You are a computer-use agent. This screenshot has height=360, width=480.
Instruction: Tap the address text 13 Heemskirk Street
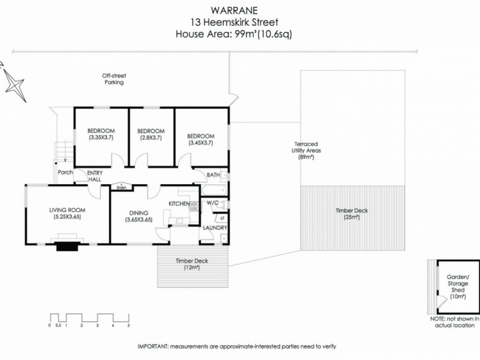pos(239,22)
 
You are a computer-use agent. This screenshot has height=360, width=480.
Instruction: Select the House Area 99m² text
pos(239,34)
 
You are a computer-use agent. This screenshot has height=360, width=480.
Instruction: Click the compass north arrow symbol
pos(13,82)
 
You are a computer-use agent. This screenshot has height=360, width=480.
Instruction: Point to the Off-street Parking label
pos(113,79)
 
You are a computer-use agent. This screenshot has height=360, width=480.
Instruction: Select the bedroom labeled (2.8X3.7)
pos(151,134)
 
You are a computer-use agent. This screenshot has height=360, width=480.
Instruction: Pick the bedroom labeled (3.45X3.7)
pos(200,134)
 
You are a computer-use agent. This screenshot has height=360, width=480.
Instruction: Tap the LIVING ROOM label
pos(67,213)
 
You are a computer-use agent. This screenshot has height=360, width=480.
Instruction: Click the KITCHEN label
pos(179,205)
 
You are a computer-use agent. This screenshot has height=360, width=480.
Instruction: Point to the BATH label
pos(213,175)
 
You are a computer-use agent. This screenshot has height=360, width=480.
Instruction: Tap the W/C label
pos(213,203)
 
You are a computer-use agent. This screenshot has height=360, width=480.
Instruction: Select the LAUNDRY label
pos(215,228)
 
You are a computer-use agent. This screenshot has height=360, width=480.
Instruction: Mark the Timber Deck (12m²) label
pos(191,264)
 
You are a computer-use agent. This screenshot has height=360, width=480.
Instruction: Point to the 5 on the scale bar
pos(128,325)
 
